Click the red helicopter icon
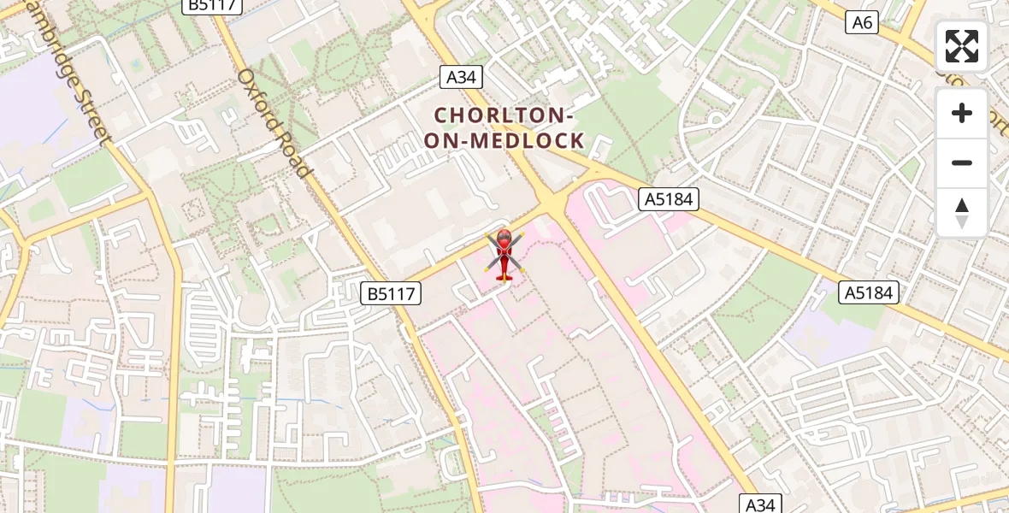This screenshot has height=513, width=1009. (504, 254)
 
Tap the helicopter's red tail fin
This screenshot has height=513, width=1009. (503, 275)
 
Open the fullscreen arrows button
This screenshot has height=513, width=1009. (962, 46)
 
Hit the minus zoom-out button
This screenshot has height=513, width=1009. (962, 162)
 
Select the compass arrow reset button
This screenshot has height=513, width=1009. (962, 212)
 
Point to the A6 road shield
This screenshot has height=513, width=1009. (862, 22)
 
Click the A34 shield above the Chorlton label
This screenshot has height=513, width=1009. (462, 77)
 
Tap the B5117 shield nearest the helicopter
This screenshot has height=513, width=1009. (391, 294)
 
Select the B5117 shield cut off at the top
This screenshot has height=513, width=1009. (213, 5)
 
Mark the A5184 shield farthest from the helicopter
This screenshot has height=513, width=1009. (869, 292)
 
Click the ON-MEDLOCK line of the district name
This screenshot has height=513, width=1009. (504, 140)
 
